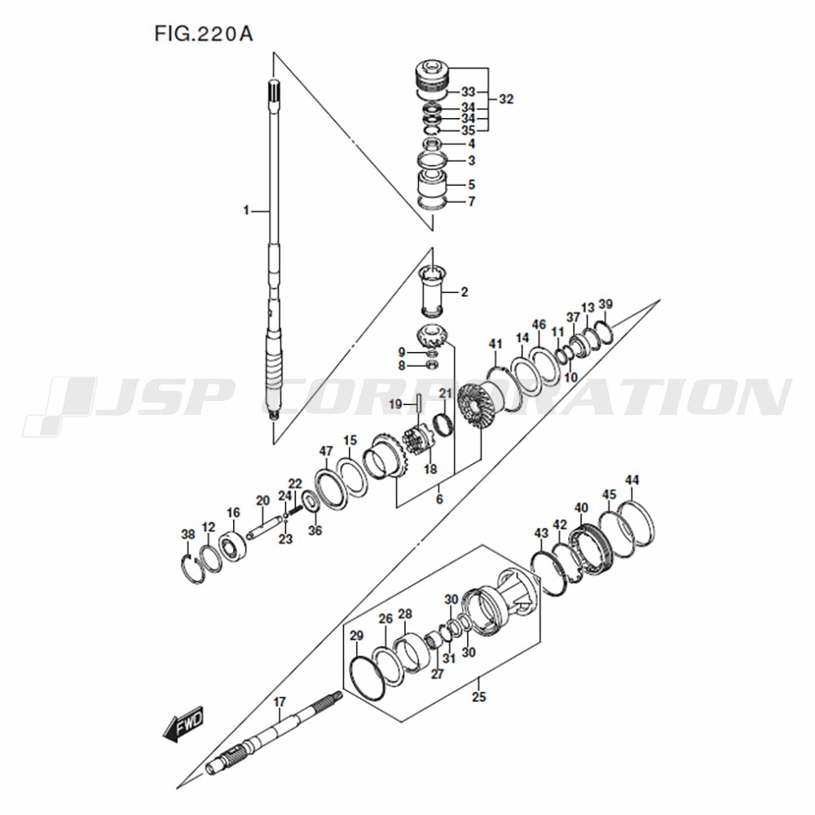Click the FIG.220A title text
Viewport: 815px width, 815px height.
coord(203,34)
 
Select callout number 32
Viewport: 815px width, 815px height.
coord(506,99)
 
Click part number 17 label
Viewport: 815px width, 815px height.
coord(280,702)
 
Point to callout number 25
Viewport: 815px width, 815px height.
coord(478,697)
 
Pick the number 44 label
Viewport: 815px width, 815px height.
coord(632,480)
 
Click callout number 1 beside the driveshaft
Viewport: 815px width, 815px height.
coord(246,210)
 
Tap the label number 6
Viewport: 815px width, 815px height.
coord(439,500)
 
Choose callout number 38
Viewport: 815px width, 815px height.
coord(188,534)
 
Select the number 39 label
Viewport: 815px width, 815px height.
coord(606,304)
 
